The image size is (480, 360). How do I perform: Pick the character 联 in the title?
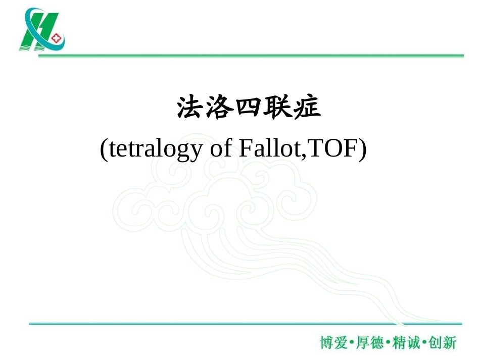(x=277, y=109)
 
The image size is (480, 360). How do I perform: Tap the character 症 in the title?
(x=306, y=109)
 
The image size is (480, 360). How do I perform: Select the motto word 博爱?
(x=333, y=343)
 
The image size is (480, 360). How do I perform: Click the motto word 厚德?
(x=370, y=343)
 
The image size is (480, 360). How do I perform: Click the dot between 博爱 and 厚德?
(x=352, y=343)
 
